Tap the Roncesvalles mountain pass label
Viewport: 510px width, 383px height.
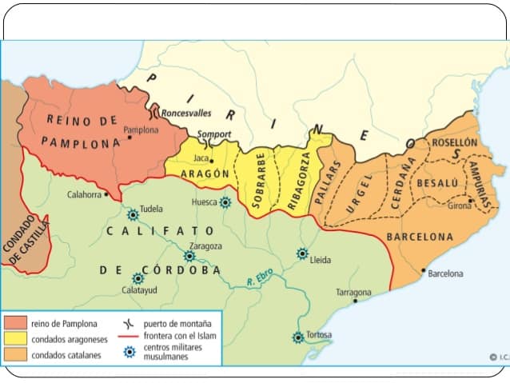coord(186,114)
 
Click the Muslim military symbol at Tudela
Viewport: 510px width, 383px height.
coord(133,214)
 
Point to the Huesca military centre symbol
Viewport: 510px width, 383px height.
coord(225,202)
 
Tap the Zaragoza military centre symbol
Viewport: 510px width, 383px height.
coord(189,256)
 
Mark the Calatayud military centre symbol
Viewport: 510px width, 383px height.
coord(137,278)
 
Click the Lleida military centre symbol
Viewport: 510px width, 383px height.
coord(302,253)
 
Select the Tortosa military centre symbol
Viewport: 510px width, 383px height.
coord(298,337)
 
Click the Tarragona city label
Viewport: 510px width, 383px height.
coord(353,292)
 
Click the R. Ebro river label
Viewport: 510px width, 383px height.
coord(261,281)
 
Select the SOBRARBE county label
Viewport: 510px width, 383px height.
coord(257,180)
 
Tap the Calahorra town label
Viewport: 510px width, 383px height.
coord(84,194)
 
